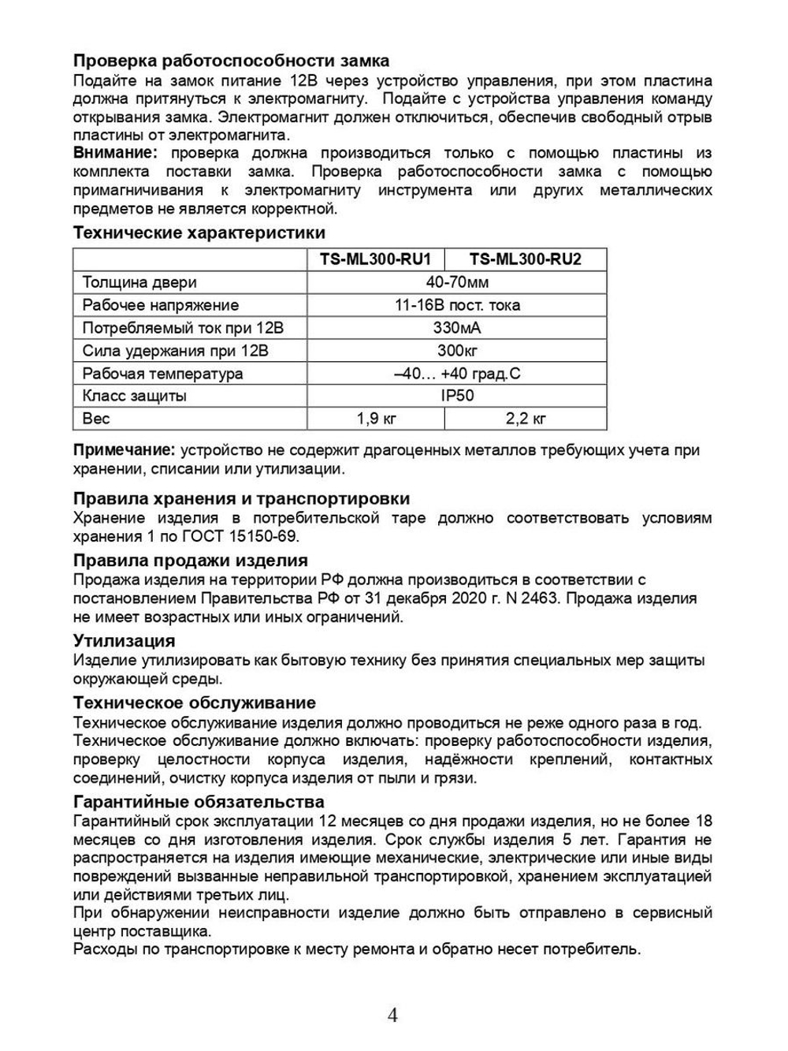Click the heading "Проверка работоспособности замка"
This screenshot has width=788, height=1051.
(231, 61)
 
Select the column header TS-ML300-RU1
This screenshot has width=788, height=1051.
(375, 259)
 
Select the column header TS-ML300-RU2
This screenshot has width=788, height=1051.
(525, 259)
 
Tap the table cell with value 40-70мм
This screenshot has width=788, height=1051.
(457, 282)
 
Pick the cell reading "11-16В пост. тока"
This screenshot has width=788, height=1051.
(457, 305)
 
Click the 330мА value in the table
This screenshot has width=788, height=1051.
(457, 328)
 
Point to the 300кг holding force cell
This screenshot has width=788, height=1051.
(457, 350)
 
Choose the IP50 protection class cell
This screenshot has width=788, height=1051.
(457, 396)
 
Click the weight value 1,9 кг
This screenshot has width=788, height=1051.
(376, 419)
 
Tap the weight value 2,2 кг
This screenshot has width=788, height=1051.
(526, 419)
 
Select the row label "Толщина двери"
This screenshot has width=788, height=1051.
(139, 282)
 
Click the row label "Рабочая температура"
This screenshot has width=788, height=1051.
(162, 373)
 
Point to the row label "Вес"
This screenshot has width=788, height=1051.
(96, 419)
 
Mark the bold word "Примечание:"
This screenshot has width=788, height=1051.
(124, 450)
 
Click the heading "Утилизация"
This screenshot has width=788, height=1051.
(124, 640)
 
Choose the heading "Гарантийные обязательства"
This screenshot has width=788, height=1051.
(199, 802)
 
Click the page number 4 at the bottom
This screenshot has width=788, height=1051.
(392, 1015)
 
